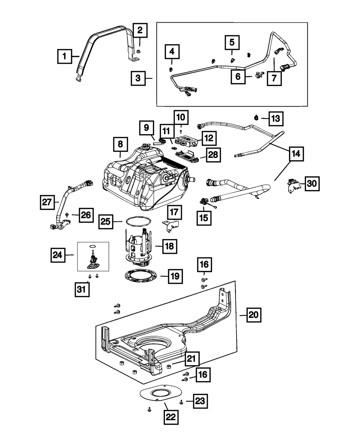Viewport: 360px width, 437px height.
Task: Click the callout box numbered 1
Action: tap(65, 56)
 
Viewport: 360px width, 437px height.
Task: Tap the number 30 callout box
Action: tap(312, 184)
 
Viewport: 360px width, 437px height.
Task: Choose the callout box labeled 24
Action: tap(57, 255)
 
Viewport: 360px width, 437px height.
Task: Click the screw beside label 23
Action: tap(181, 401)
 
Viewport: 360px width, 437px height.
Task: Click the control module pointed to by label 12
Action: tap(185, 140)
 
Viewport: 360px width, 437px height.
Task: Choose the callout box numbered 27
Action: tap(47, 203)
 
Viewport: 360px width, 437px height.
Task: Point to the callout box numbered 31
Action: tap(82, 290)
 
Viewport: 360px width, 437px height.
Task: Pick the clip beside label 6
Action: tap(258, 75)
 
